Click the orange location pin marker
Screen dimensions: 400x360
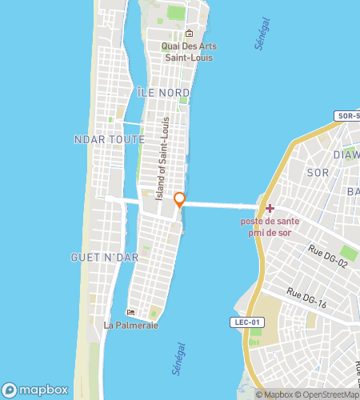[180, 199]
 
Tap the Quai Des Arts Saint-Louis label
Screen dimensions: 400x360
[189, 52]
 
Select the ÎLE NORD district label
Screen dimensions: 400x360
[163, 93]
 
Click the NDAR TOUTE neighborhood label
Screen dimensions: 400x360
[109, 139]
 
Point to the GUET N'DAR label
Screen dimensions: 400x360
[100, 257]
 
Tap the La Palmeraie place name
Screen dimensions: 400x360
[131, 325]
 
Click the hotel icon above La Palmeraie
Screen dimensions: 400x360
[131, 312]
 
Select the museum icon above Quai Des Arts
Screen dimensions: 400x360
[189, 34]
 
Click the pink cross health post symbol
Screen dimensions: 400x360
[270, 208]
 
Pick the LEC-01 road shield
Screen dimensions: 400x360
[247, 322]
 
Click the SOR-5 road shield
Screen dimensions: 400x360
[348, 116]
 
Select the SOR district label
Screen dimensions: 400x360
[318, 172]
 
